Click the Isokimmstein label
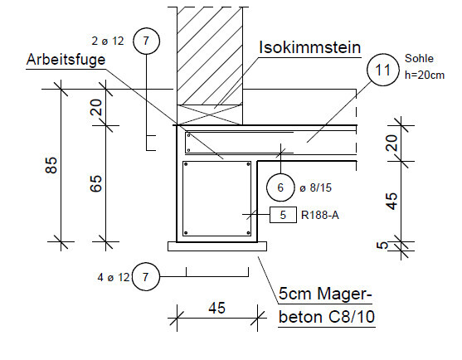[x=310, y=47]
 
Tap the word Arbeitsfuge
[x=66, y=61]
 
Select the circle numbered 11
[x=382, y=70]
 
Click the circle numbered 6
[x=280, y=187]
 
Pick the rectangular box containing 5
[x=283, y=215]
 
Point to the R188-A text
[x=320, y=215]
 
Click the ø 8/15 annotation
[x=315, y=187]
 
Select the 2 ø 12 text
[x=108, y=41]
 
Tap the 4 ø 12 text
[x=114, y=277]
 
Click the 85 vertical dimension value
[x=51, y=165]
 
